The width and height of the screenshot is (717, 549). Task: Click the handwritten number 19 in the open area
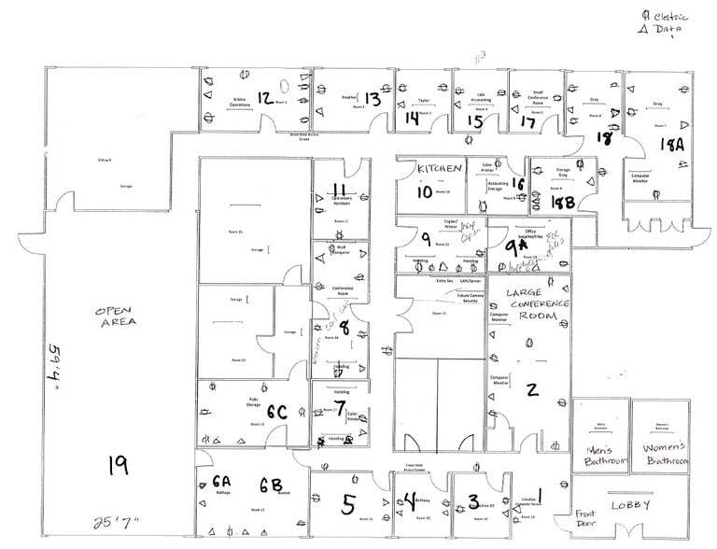coord(118,465)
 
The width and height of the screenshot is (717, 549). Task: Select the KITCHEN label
coord(440,168)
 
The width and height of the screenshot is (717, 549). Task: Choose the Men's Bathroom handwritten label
coord(600,455)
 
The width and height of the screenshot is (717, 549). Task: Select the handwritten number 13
coord(372,98)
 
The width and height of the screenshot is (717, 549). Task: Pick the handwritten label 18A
coord(671,146)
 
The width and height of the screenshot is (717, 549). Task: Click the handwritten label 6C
coord(276,411)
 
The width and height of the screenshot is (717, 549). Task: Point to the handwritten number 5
coord(348,505)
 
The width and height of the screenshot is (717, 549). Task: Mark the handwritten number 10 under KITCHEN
coord(425,192)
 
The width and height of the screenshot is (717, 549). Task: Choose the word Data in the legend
coord(668,30)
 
